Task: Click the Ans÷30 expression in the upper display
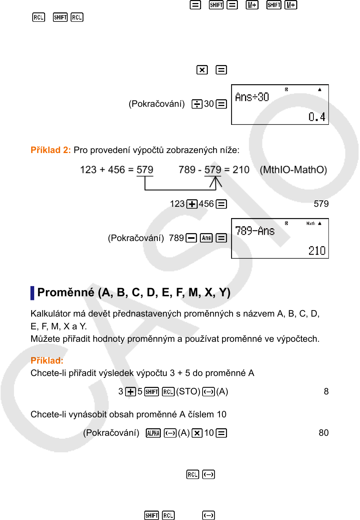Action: (252, 97)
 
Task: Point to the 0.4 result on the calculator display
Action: (317, 117)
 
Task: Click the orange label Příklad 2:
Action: (50, 150)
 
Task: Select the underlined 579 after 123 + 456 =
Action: (145, 170)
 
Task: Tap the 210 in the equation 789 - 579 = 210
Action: (241, 170)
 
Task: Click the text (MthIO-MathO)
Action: (293, 170)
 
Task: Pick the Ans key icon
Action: (206, 238)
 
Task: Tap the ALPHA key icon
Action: (153, 433)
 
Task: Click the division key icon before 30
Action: (197, 104)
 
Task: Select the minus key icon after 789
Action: (191, 238)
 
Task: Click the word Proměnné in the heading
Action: (66, 292)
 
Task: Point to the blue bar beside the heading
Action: (32, 293)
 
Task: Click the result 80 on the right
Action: (324, 433)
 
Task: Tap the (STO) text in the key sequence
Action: (188, 391)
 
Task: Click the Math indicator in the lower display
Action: (310, 223)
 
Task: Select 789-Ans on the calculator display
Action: (255, 231)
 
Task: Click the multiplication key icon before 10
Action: (197, 433)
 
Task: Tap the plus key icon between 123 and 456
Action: (192, 204)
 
